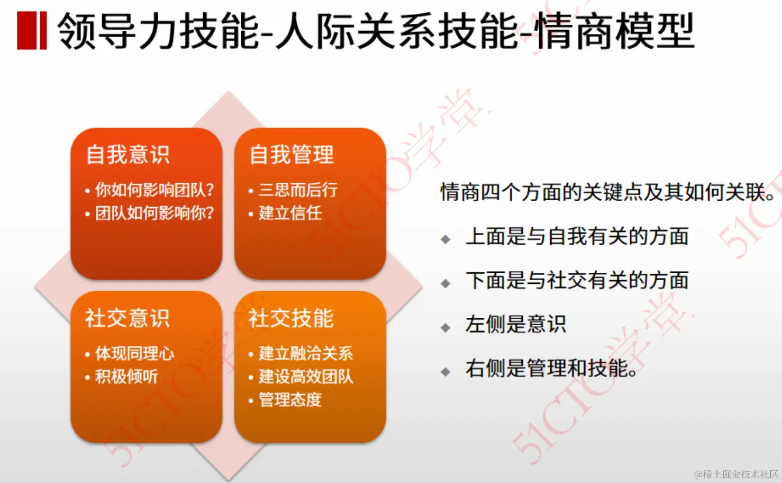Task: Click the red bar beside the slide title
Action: point(32,31)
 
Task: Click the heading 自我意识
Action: point(128,155)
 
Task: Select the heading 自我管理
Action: point(292,155)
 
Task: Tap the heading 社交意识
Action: point(128,318)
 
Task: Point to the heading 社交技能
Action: point(292,318)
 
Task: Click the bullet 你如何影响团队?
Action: point(154,190)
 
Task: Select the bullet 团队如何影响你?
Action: point(154,213)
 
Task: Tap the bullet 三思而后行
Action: point(298,190)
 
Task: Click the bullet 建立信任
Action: point(290,213)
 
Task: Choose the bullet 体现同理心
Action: point(134,353)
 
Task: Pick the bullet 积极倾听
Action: point(126,377)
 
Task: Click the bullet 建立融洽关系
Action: point(305,353)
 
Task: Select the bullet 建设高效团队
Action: point(305,377)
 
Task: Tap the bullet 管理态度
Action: point(290,400)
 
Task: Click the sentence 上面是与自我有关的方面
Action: point(577,236)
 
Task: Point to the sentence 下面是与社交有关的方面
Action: point(577,280)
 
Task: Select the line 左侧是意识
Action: point(516,324)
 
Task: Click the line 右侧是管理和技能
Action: point(551,368)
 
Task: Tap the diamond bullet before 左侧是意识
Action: point(445,328)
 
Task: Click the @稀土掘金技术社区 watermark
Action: point(736,474)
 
